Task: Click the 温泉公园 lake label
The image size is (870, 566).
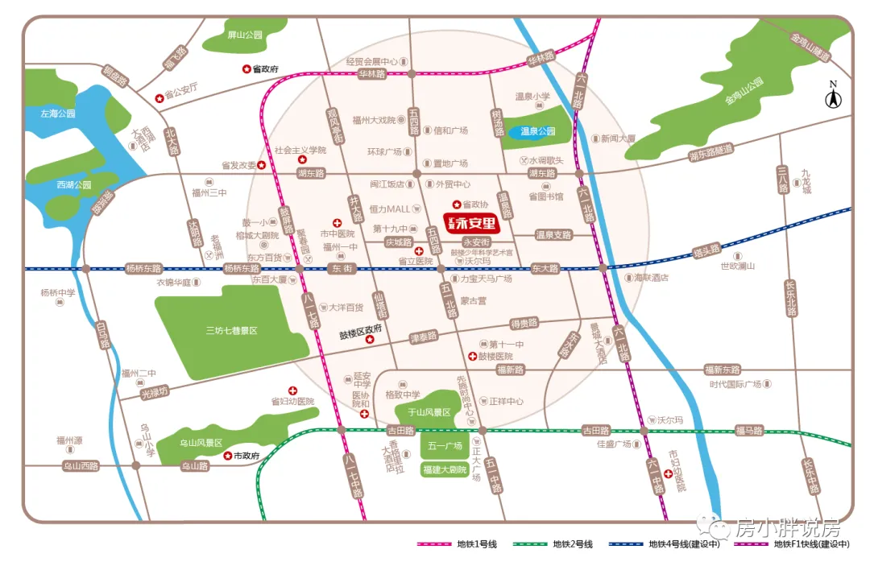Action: [538, 131]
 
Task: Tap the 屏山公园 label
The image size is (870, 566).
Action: [245, 35]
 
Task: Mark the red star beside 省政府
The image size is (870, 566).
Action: [246, 69]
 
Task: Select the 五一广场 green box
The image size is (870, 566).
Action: [444, 446]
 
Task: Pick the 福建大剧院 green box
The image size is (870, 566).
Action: [444, 469]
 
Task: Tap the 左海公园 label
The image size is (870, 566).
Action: [58, 114]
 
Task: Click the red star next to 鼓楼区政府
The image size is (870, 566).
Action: [371, 341]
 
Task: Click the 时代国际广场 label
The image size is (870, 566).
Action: [735, 384]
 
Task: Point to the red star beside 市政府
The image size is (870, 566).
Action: [226, 456]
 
